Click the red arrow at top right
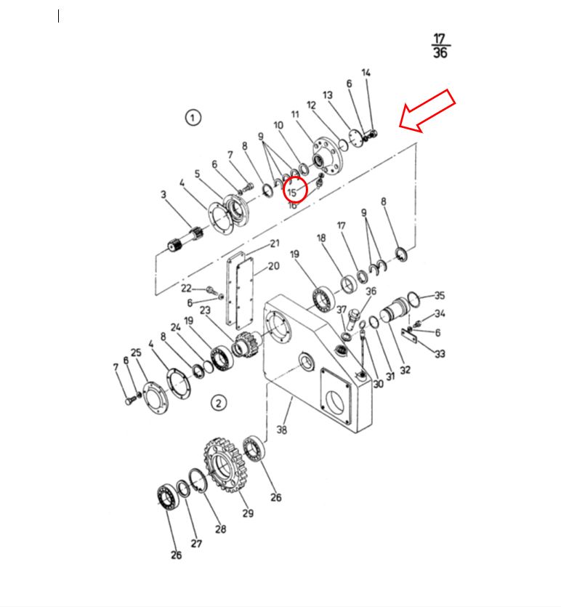point(427,110)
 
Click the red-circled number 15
point(291,192)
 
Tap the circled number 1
point(193,117)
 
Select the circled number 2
point(219,403)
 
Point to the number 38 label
point(282,430)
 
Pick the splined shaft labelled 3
point(185,239)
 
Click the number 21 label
point(275,244)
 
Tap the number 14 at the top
point(366,73)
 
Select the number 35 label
point(440,295)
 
